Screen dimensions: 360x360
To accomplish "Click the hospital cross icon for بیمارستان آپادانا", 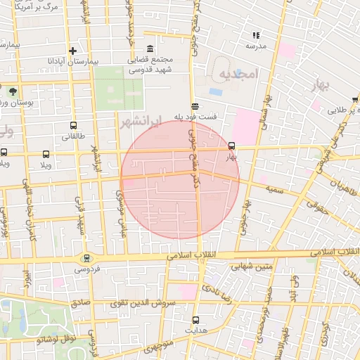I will pos(72,50).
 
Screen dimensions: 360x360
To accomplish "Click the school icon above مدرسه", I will pos(256,34).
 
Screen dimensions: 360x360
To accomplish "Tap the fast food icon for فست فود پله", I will pos(195,106).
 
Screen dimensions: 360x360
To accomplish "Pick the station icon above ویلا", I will pos(46,154).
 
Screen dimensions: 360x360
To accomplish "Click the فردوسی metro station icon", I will pos(87,258).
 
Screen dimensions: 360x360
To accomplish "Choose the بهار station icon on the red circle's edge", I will pos(232,146).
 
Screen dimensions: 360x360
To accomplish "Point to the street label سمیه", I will pos(275,189).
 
